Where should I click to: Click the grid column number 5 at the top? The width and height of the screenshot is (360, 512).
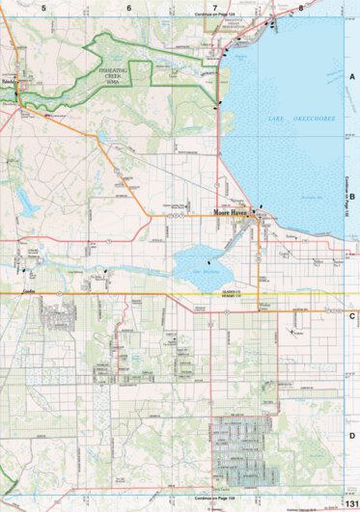(x=42, y=7)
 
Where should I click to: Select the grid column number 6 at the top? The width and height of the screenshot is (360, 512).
(x=128, y=7)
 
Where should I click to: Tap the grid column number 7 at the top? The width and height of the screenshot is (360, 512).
(x=214, y=7)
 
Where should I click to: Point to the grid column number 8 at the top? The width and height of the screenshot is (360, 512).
(x=301, y=7)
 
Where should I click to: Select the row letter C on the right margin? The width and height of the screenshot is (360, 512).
(x=352, y=315)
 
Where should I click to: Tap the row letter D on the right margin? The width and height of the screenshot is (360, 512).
(x=352, y=435)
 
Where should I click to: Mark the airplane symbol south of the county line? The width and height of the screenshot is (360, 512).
(x=291, y=333)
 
